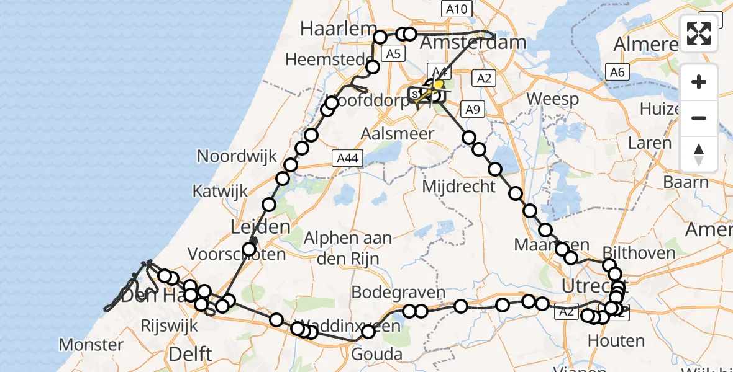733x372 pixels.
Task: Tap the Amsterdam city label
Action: click(x=473, y=43)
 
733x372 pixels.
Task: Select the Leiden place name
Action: click(x=260, y=227)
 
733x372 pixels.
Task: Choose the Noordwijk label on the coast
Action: click(x=237, y=156)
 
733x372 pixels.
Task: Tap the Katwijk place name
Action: click(x=221, y=191)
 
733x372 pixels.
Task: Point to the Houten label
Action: click(x=616, y=340)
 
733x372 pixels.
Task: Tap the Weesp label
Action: click(x=553, y=99)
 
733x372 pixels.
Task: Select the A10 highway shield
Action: click(x=457, y=9)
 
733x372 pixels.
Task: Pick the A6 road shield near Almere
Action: click(x=616, y=73)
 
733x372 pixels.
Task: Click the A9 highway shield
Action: click(x=473, y=110)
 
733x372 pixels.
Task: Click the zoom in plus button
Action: click(x=699, y=82)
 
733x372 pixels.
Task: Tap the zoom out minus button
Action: click(x=699, y=118)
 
